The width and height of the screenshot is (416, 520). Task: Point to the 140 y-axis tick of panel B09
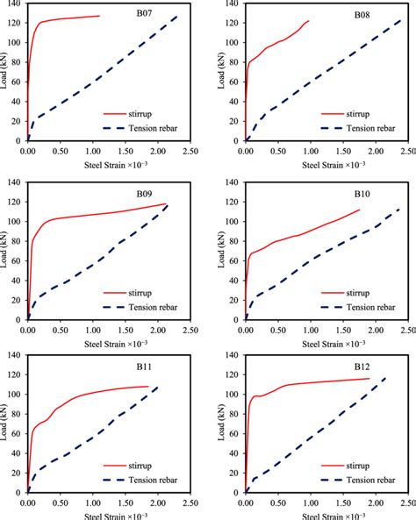15,182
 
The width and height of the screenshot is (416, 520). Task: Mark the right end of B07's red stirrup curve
99,16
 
